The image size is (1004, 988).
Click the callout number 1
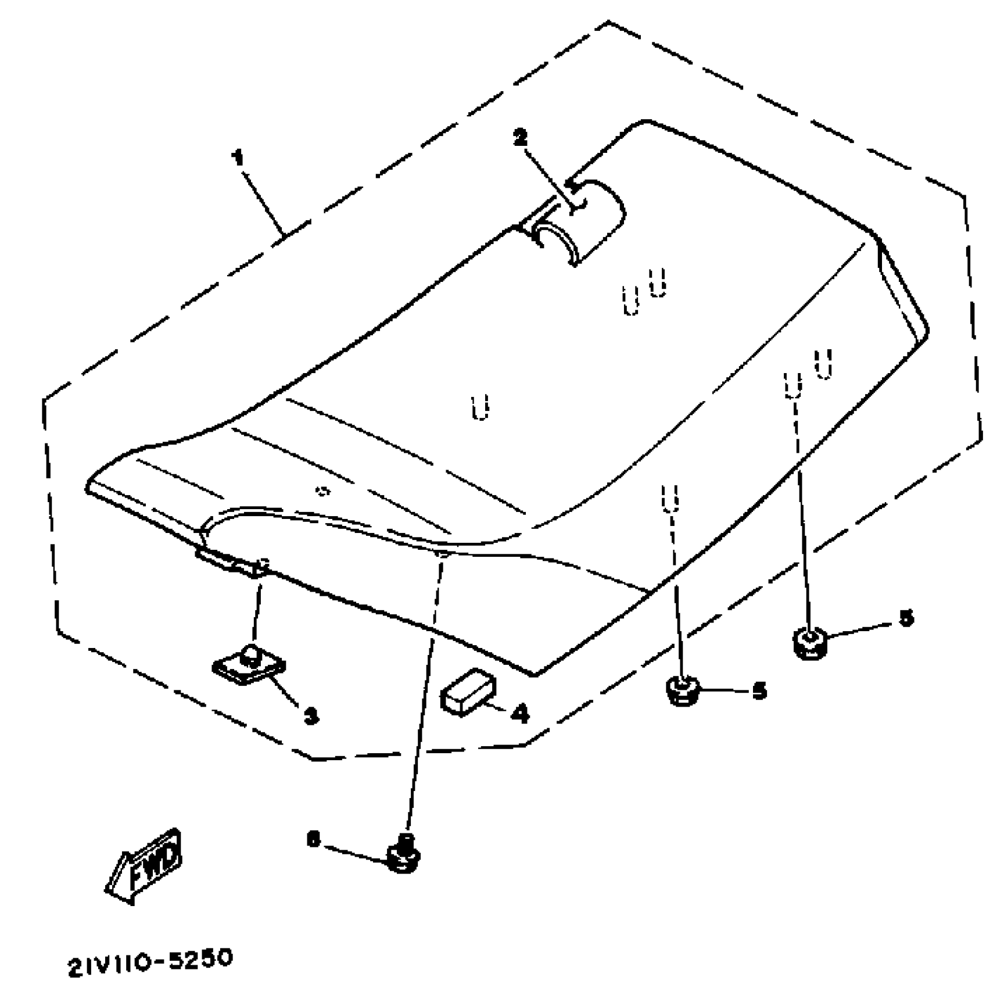tap(238, 157)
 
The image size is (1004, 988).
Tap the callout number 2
tap(520, 138)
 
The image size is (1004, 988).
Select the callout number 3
tap(311, 715)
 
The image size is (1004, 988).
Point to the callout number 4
tap(521, 713)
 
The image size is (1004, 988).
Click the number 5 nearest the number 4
tap(759, 691)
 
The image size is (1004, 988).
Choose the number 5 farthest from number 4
tap(906, 618)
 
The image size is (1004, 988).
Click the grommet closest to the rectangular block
tap(682, 690)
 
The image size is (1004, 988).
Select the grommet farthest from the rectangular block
tap(808, 643)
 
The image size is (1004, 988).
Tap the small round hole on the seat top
tap(321, 491)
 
